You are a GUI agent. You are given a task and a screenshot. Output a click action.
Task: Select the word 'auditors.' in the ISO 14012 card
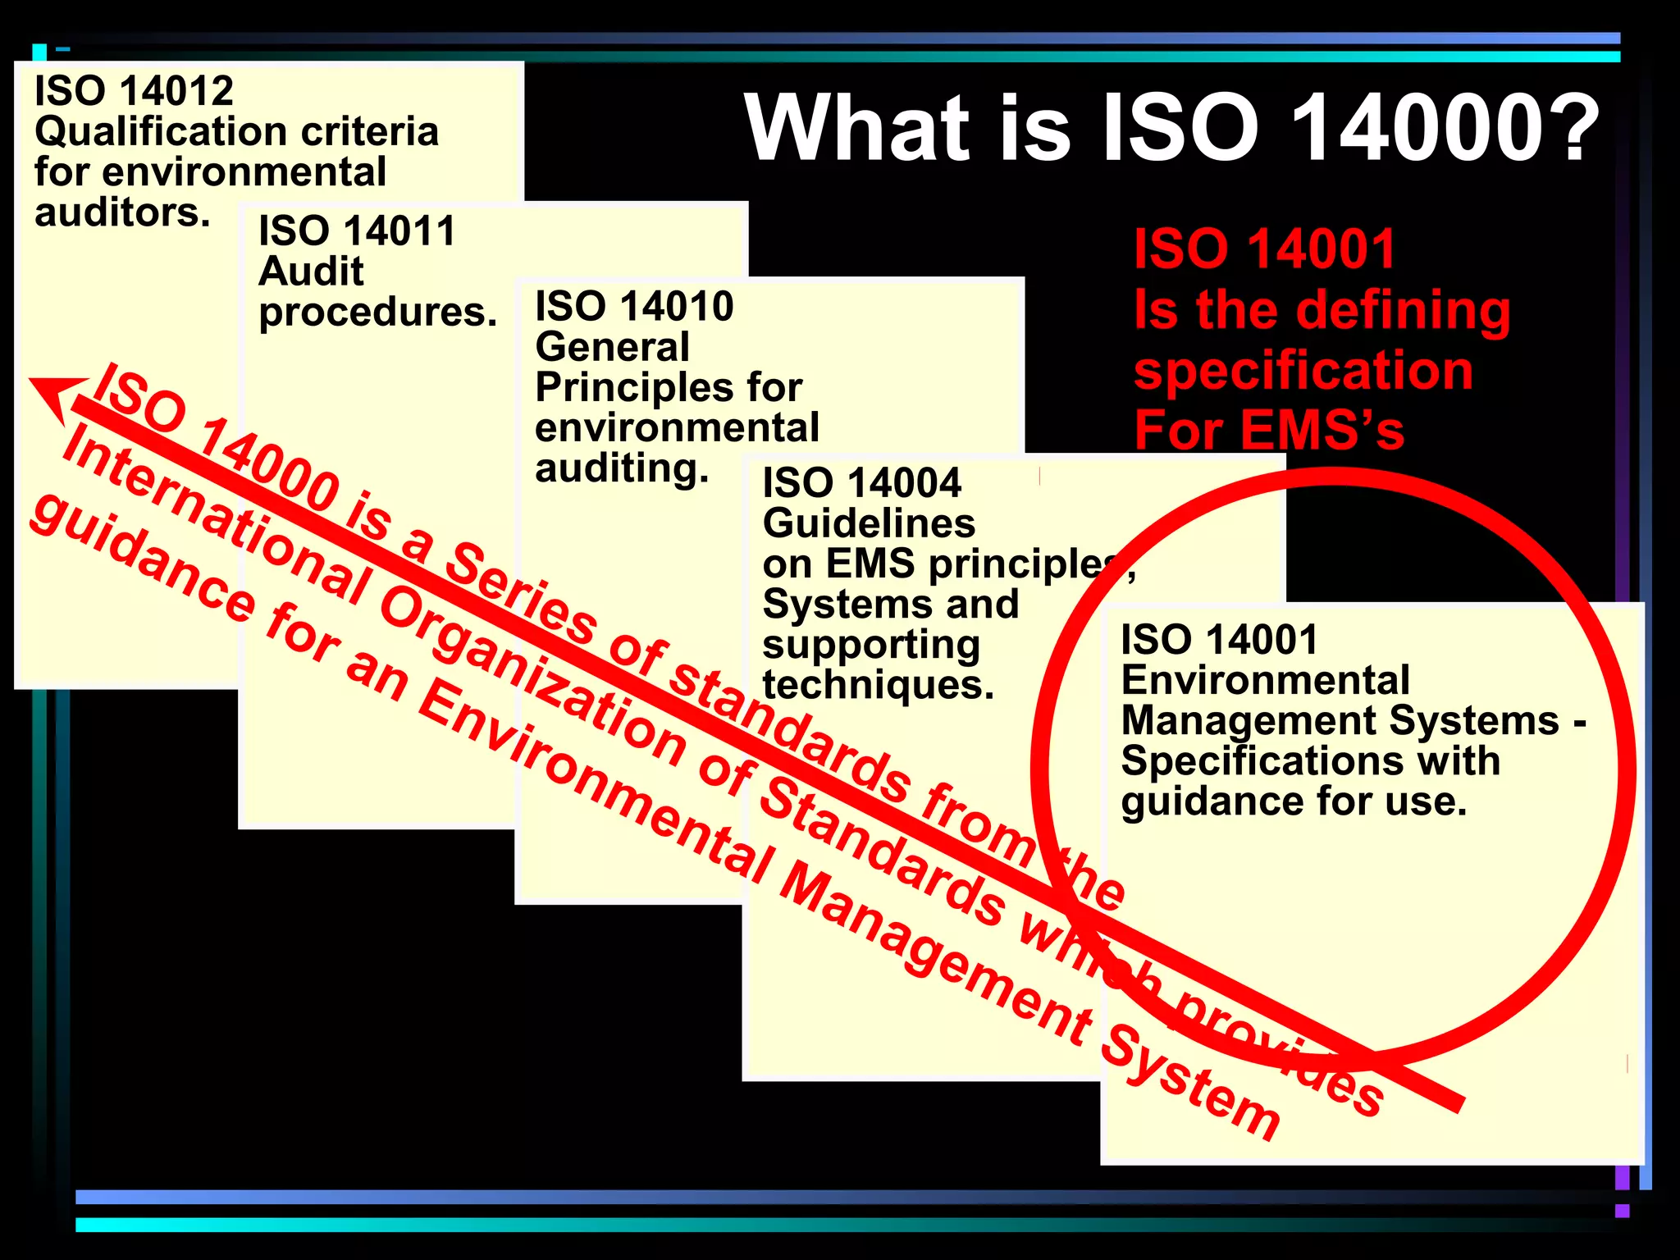pos(122,213)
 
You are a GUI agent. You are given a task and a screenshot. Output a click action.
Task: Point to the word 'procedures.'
pos(377,313)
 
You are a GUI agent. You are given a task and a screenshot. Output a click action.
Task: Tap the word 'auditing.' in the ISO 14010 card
pos(621,469)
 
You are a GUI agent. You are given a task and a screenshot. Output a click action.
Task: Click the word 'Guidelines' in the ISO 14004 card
pos(869,523)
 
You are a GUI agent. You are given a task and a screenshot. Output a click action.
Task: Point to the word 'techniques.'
pos(878,685)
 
